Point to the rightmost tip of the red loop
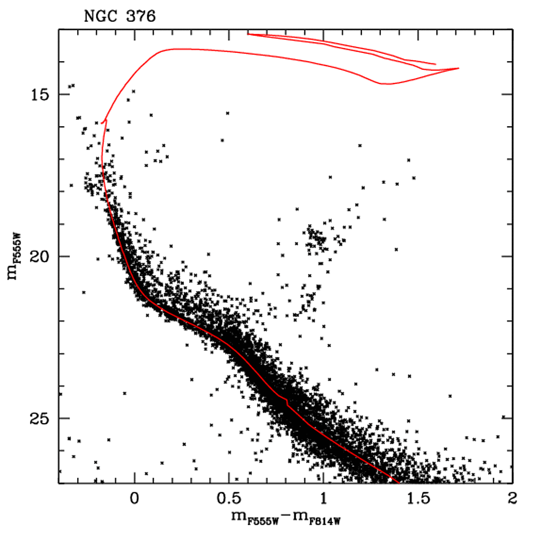click(459, 68)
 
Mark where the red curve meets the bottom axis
click(397, 482)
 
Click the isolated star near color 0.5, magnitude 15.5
click(228, 113)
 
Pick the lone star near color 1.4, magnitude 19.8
click(396, 249)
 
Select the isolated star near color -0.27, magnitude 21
click(83, 292)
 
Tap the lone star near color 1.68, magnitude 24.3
click(450, 396)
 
